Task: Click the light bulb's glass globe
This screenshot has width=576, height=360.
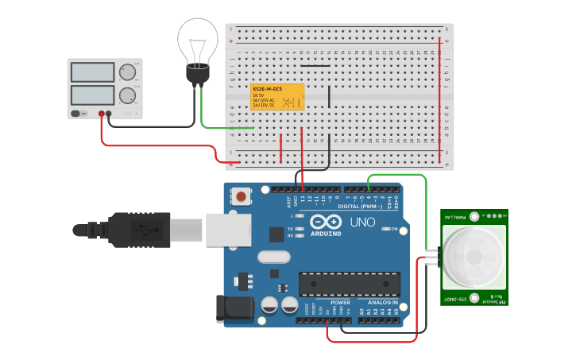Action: (197, 40)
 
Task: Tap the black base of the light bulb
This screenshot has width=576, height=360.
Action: (196, 74)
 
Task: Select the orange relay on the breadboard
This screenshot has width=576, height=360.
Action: (277, 97)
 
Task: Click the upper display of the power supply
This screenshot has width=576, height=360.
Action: (93, 72)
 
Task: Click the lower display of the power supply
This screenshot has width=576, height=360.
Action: (93, 96)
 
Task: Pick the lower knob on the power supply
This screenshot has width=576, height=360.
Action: (126, 97)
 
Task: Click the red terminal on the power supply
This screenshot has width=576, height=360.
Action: (101, 114)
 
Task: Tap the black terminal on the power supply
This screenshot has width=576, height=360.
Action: (109, 114)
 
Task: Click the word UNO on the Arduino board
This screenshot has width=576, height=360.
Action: (362, 223)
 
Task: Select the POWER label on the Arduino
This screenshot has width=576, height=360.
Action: (340, 302)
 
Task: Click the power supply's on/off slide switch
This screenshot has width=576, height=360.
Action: (77, 114)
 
